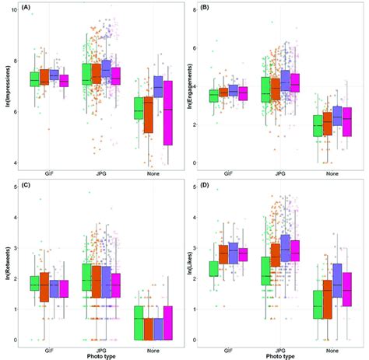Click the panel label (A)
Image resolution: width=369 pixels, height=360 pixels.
coord(26,7)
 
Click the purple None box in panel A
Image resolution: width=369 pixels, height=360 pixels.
coord(158,86)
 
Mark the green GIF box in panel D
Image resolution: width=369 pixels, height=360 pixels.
coord(213,268)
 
